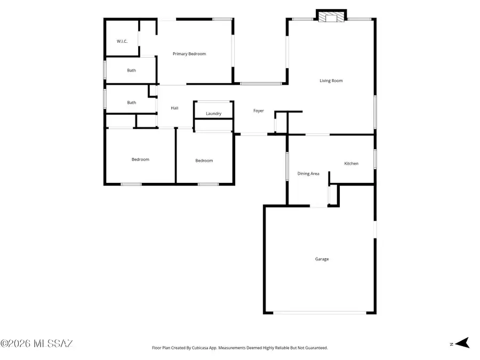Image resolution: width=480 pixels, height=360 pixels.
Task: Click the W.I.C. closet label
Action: [122, 41]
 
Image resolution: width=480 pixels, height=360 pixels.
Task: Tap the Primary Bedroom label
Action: [189, 54]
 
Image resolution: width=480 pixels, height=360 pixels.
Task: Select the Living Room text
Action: [331, 81]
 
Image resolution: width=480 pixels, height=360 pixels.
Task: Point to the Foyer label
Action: [259, 111]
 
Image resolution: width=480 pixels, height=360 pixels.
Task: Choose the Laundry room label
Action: [213, 114]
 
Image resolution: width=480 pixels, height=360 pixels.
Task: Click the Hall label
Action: [174, 108]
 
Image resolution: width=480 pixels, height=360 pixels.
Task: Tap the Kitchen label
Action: [351, 164]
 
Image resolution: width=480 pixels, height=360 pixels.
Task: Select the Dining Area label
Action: [308, 174]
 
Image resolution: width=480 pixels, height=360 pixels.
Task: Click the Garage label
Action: [322, 259]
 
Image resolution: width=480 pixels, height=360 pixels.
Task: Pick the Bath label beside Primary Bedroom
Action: [131, 70]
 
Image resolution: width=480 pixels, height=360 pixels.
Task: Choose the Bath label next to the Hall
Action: [131, 103]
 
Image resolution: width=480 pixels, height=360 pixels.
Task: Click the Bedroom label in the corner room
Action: [140, 159]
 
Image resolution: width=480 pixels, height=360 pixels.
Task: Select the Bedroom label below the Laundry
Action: [204, 161]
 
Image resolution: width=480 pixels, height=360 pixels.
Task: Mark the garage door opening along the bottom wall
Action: [320, 313]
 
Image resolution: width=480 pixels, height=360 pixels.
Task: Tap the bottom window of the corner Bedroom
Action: [131, 184]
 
